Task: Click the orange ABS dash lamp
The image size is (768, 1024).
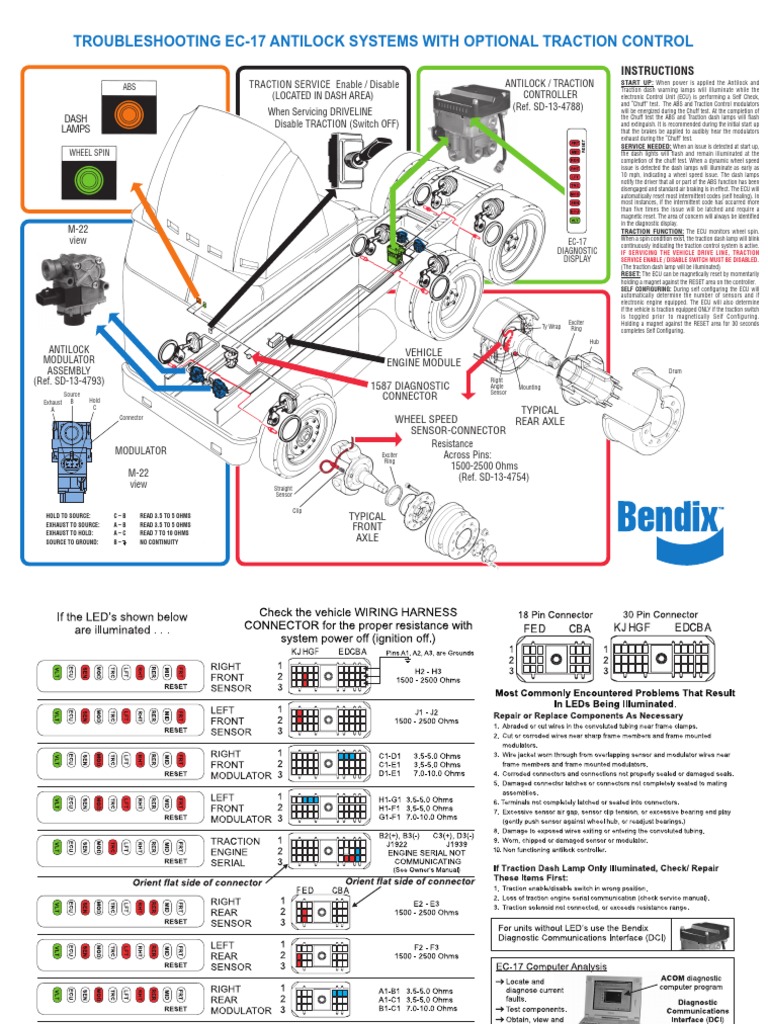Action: pos(129,116)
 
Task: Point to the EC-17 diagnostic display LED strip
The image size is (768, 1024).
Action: pos(573,176)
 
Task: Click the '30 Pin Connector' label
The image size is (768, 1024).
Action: pos(661,614)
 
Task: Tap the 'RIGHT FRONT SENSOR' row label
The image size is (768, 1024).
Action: pos(232,677)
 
